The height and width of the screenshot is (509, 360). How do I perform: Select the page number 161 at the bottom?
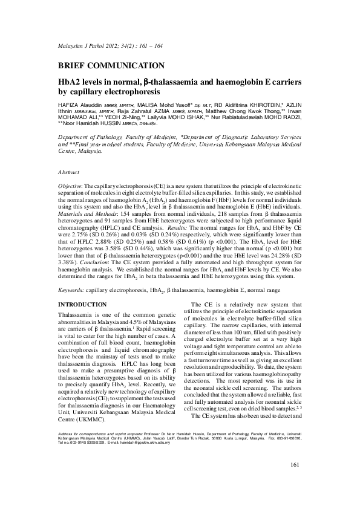click(x=296, y=481)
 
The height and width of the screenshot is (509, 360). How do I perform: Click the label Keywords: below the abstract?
click(x=71, y=290)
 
